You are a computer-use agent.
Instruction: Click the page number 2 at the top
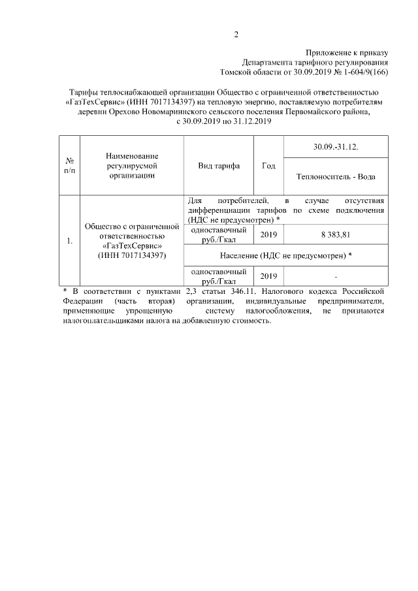[x=236, y=35]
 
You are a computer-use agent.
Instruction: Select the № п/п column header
[x=69, y=165]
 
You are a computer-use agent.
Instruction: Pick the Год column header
[x=268, y=165]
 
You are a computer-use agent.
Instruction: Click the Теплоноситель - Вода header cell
[x=336, y=176]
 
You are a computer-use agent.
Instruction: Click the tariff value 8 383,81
[x=336, y=234]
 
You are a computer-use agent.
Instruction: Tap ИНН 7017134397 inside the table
[x=132, y=255]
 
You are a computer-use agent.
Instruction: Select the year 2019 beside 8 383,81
[x=268, y=234]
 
